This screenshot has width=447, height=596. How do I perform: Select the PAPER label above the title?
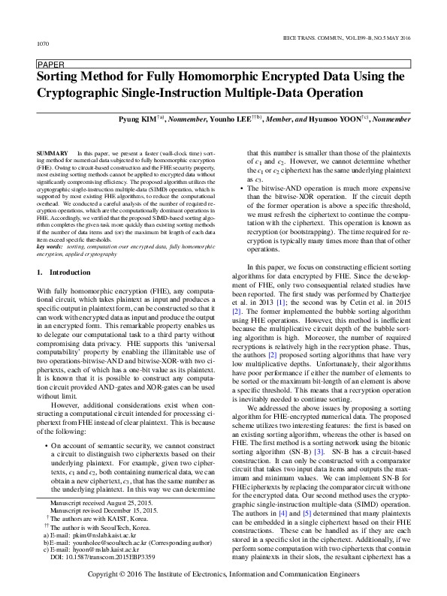[50, 65]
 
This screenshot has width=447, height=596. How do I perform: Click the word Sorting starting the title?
[62, 77]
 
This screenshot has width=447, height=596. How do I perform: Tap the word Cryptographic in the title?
[86, 93]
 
